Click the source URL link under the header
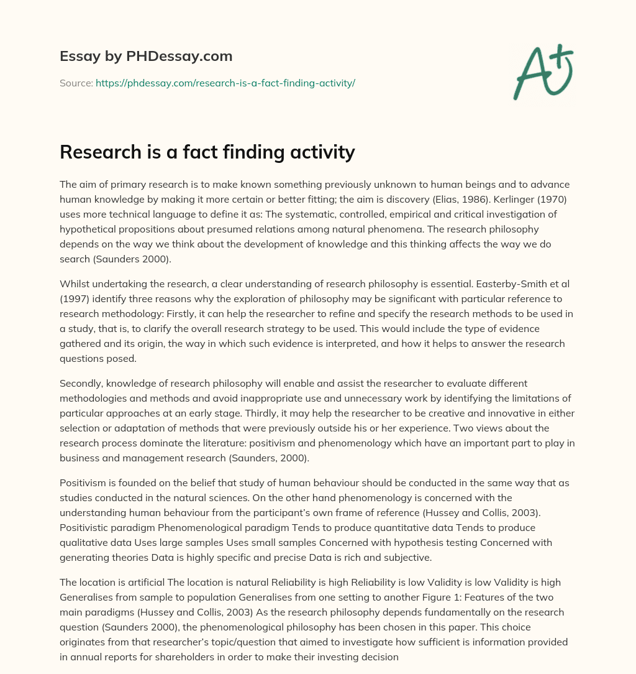click(225, 83)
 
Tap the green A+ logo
click(542, 72)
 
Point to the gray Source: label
click(76, 83)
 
